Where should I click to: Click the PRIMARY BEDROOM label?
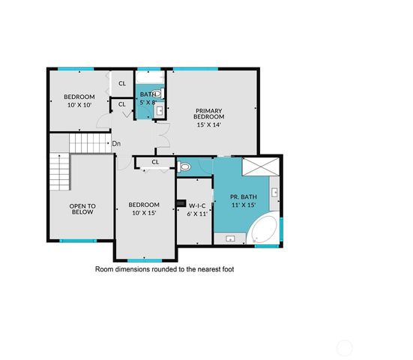tap(209, 113)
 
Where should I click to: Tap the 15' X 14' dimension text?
tap(209, 125)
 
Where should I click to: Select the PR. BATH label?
tap(244, 196)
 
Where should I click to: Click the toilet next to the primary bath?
tap(185, 166)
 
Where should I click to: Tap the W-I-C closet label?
tap(197, 204)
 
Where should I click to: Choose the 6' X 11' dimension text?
tap(197, 213)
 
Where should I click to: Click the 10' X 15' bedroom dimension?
tap(143, 214)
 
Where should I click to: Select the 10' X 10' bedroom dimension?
tap(79, 106)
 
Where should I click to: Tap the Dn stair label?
tap(116, 143)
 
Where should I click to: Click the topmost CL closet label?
tap(121, 82)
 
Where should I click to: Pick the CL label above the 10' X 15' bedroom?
tap(156, 162)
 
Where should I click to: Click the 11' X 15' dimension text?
tap(244, 205)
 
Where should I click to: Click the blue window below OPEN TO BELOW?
tap(78, 241)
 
